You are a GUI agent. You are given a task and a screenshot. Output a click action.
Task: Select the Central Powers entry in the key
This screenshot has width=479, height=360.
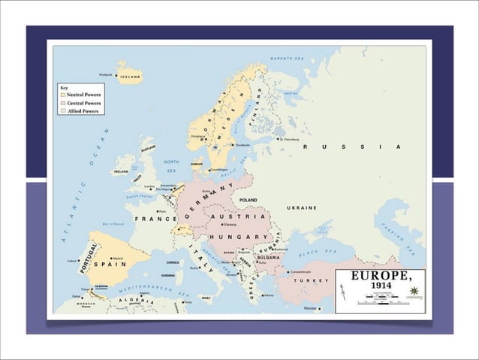83,103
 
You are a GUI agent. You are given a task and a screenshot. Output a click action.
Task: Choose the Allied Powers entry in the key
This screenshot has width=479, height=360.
82,110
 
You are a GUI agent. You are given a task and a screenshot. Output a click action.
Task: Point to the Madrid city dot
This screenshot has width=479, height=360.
111,259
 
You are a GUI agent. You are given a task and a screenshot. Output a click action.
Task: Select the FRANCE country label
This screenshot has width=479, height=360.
155,219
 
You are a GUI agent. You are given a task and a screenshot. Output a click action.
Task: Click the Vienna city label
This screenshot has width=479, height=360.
230,225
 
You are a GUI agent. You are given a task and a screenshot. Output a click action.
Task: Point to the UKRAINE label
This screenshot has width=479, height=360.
301,207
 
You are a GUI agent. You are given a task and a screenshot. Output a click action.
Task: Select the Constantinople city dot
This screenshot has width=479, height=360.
288,271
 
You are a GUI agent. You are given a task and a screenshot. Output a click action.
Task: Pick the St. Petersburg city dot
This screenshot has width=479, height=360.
277,139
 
